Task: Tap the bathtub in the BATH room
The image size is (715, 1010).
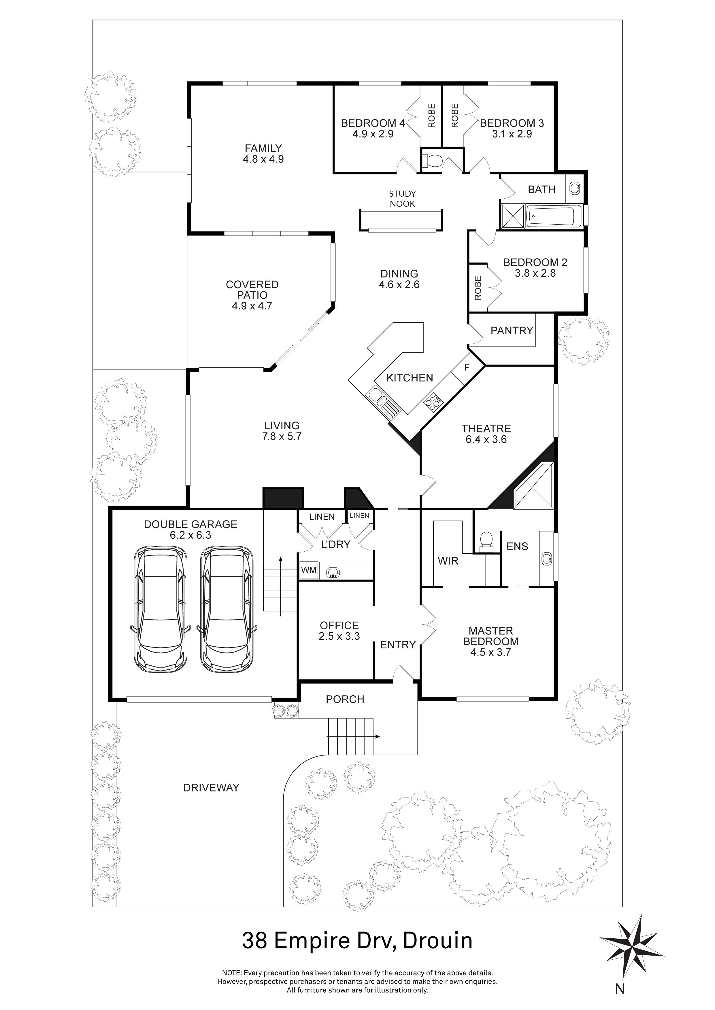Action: [552, 217]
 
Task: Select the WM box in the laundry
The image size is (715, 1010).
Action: [309, 570]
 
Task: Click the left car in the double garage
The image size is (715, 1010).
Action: [160, 609]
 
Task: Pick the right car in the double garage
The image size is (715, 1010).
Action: [227, 609]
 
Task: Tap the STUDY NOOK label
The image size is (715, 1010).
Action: [402, 198]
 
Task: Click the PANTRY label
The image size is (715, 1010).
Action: [512, 330]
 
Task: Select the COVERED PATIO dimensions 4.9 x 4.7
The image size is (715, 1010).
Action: [252, 306]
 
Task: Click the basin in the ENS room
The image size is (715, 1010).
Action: [547, 559]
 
